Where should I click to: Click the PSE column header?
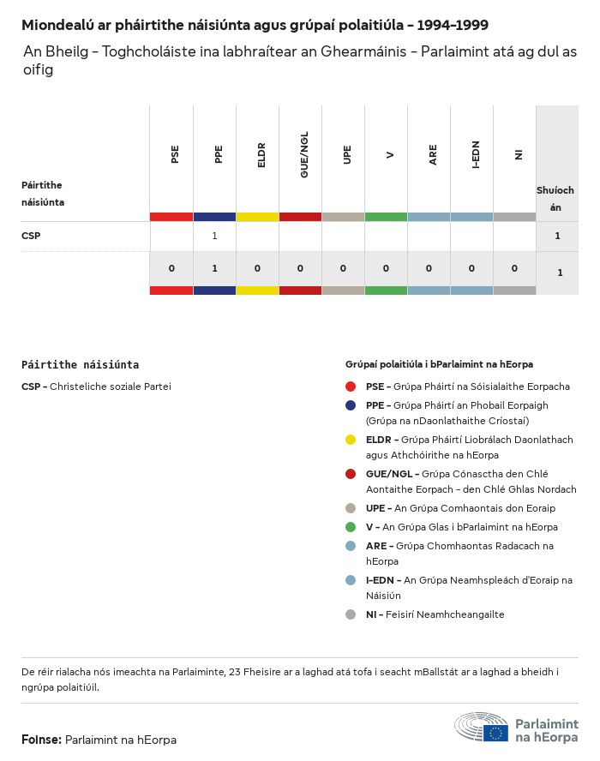coord(175,155)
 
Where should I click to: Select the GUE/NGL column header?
coord(304,155)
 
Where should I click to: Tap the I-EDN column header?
coord(476,155)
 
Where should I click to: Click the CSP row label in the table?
coord(31,236)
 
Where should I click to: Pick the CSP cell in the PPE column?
coord(214,236)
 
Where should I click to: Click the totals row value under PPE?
coord(214,268)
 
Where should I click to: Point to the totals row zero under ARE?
coord(429,268)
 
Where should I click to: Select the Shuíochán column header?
coord(555,198)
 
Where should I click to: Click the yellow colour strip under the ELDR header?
coord(257,217)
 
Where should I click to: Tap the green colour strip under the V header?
coord(386,217)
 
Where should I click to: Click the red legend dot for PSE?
coord(351,386)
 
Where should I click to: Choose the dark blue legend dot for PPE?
coord(351,405)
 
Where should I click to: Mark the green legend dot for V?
coord(351,527)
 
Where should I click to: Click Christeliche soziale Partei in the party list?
coord(111,386)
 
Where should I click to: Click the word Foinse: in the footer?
coord(41,740)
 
